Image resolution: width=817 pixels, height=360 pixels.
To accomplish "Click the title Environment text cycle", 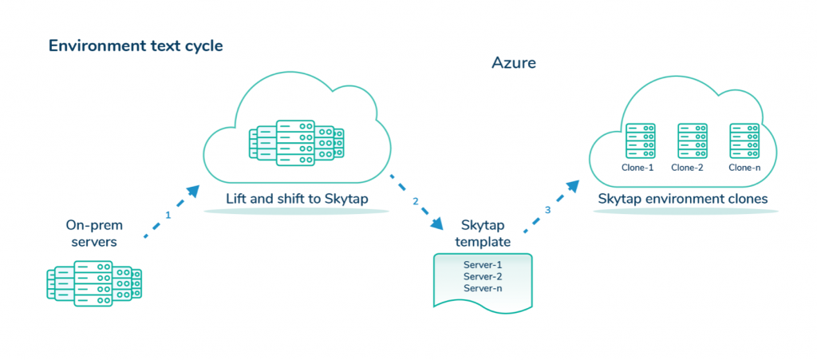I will [136, 45].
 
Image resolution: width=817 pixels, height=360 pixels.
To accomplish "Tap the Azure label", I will [514, 62].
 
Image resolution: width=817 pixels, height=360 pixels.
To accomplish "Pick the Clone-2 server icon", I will [691, 141].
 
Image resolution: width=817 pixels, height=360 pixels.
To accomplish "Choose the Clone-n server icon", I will [744, 141].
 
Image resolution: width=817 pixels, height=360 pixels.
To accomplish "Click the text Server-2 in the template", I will [483, 276].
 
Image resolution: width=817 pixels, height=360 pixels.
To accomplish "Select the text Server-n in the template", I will [483, 288].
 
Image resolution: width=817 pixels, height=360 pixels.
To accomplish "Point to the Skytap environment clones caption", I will [683, 199].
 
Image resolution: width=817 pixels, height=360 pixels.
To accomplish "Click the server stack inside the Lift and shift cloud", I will [296, 143].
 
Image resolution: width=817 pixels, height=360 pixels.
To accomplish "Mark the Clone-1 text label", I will [637, 168].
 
